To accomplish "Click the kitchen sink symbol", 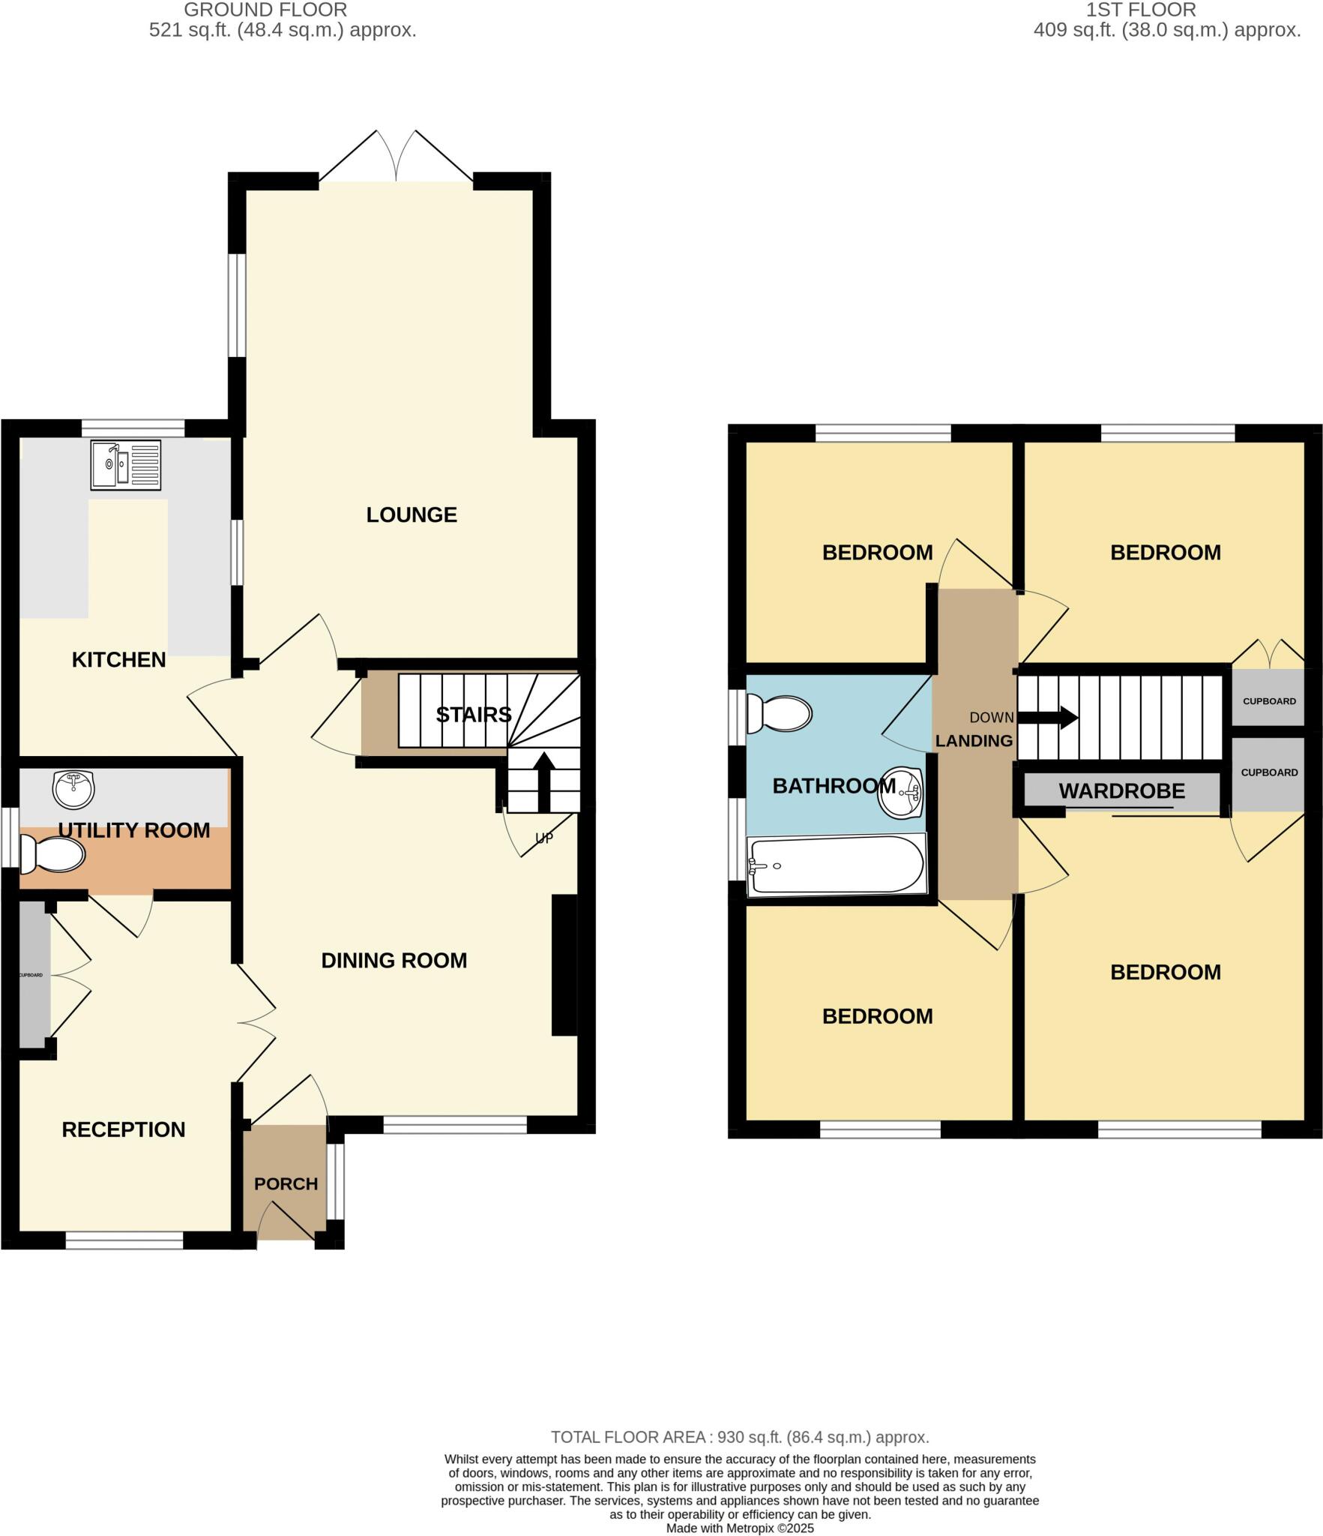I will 125,465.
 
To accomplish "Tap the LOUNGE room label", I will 412,514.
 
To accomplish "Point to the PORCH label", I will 286,1183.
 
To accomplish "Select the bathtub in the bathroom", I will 836,865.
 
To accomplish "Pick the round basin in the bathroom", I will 901,793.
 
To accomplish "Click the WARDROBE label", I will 1121,790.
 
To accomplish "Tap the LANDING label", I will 974,740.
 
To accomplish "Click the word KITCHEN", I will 118,659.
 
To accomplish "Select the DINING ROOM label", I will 394,960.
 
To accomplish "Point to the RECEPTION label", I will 123,1129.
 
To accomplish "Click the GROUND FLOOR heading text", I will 265,10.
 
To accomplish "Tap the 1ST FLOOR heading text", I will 1141,10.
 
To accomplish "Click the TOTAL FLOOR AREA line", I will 740,1437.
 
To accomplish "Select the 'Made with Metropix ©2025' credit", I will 740,1528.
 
